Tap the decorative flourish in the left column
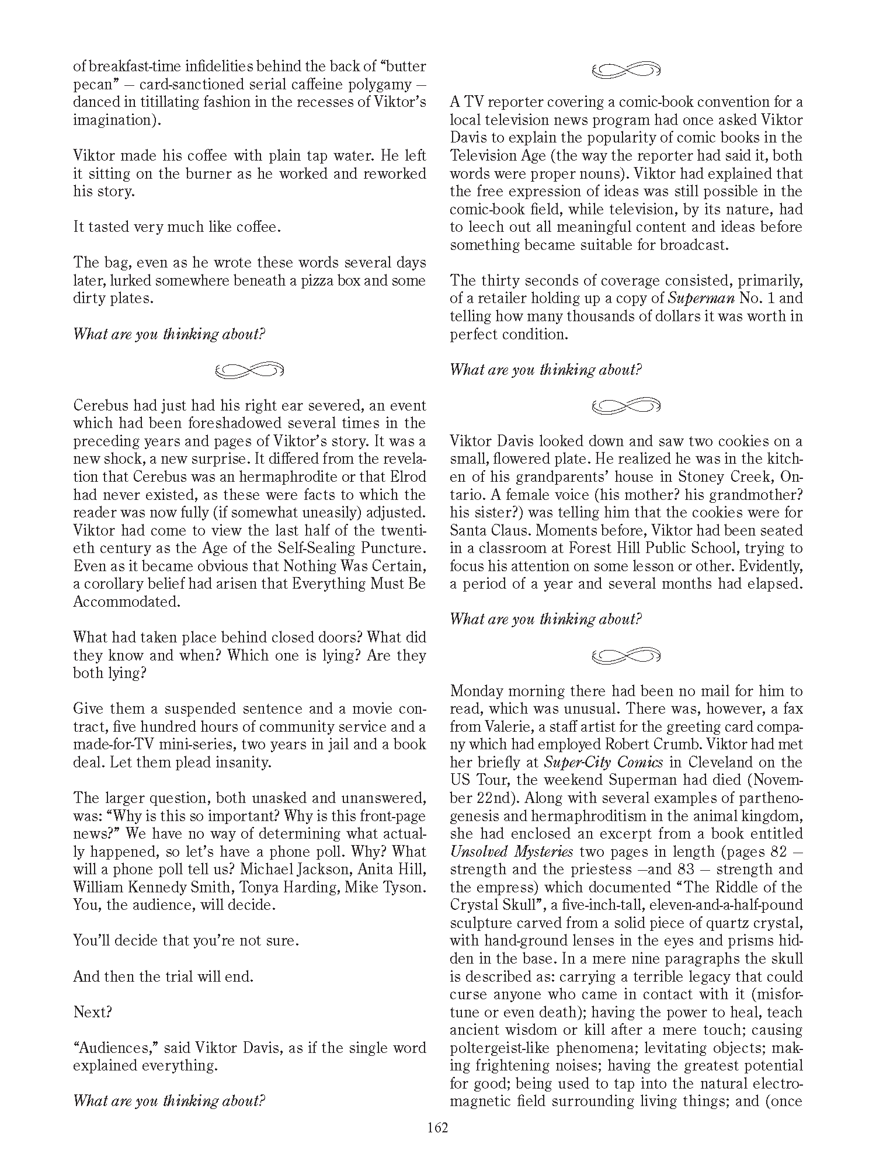[x=249, y=370]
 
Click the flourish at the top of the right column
[x=626, y=70]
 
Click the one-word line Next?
[x=92, y=1012]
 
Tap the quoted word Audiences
[x=116, y=1048]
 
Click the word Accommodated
[x=126, y=602]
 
